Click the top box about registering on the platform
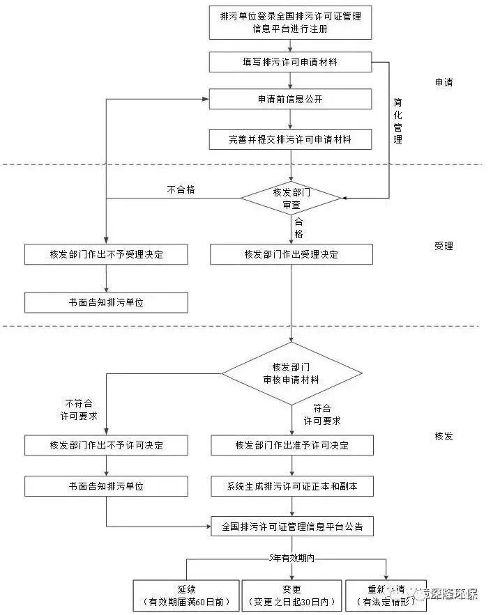290,22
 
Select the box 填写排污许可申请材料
290,63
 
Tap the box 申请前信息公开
290,100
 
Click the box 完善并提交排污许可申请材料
290,139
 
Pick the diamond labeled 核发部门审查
291,198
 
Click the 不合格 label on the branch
181,189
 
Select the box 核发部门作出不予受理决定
106,254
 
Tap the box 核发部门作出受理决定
291,254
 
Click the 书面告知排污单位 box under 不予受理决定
106,302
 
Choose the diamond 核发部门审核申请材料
291,373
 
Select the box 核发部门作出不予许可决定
106,445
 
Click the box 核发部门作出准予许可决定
291,445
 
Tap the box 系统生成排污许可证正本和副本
291,485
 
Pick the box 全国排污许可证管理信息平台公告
291,526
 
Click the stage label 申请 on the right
443,82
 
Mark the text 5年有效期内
291,559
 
